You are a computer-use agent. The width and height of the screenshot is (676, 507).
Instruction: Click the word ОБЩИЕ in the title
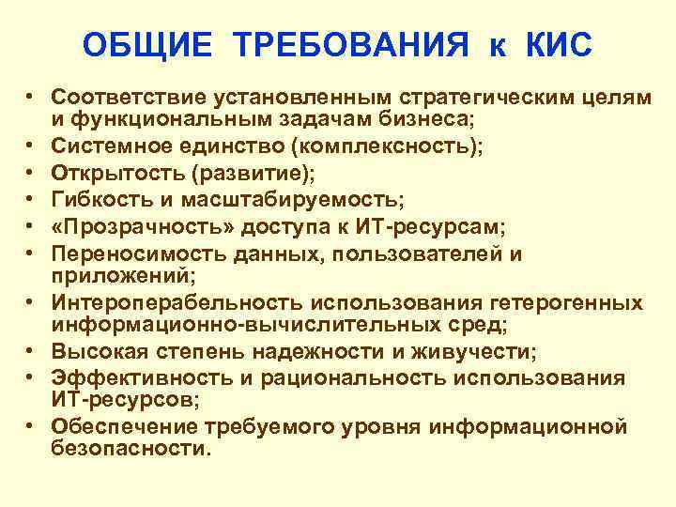click(149, 45)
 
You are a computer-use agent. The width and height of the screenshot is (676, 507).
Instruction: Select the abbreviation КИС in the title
click(554, 45)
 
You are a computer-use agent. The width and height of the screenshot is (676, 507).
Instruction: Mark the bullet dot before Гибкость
click(31, 200)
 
